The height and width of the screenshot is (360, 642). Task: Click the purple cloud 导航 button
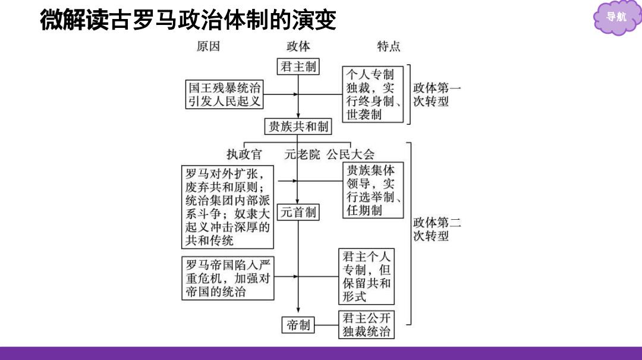[616, 17]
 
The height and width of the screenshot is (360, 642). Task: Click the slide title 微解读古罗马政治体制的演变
[188, 20]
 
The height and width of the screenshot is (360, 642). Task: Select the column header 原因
[208, 46]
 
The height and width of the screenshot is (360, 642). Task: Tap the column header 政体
[298, 46]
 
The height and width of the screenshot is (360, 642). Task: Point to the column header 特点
[389, 46]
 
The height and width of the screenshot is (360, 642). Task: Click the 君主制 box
[298, 67]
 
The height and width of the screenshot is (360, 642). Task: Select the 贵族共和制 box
[298, 127]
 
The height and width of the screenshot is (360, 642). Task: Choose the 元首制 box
[298, 212]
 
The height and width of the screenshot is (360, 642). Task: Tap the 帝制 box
[298, 325]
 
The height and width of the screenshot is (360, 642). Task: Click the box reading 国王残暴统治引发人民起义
[224, 94]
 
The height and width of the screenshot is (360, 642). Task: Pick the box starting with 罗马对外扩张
[228, 207]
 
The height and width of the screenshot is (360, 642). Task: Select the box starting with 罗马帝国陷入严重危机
[228, 278]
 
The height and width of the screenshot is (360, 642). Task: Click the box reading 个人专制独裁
[373, 94]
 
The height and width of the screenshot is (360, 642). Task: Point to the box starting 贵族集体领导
[373, 190]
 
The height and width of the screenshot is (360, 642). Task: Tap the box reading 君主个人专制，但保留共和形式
[366, 276]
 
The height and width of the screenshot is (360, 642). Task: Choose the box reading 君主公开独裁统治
[366, 324]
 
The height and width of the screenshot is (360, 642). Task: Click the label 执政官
[244, 154]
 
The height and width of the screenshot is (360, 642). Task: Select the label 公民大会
[351, 154]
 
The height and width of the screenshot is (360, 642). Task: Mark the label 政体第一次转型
[437, 94]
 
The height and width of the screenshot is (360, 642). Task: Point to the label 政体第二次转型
[437, 229]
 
